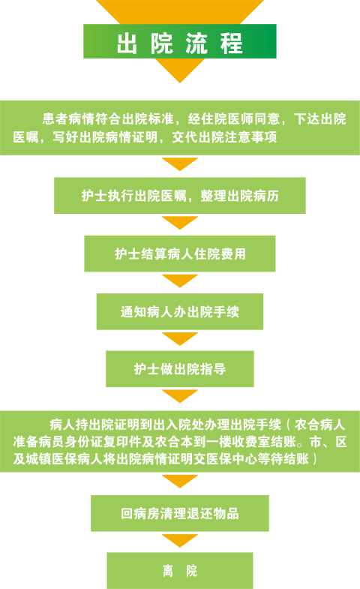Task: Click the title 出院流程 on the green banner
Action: tap(180, 44)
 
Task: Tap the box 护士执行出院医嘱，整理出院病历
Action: tap(180, 195)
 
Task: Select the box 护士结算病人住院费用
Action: tap(180, 254)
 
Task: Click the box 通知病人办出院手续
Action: tap(180, 312)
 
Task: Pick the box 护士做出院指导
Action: tap(180, 369)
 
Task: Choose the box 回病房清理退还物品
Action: tap(180, 513)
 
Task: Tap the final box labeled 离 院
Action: tap(180, 570)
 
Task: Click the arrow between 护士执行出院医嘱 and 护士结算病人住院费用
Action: tap(180, 223)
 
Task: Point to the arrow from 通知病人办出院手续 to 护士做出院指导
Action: tap(180, 339)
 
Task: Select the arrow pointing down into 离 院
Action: tap(180, 540)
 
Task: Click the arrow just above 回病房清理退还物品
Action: tap(180, 481)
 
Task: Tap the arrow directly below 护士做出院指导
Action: tap(180, 396)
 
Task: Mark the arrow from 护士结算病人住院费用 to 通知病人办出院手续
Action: tap(180, 281)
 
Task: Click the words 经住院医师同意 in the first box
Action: tap(234, 119)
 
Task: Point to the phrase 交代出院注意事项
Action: tap(224, 137)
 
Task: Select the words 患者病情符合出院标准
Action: tap(108, 119)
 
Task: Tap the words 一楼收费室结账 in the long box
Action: tap(251, 442)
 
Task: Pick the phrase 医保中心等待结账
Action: tap(257, 458)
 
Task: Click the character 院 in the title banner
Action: tap(162, 44)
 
